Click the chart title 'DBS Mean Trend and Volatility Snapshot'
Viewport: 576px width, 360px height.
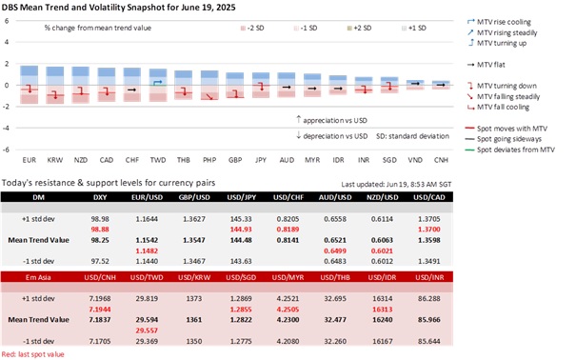(x=124, y=8)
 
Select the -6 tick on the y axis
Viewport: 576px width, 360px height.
(x=8, y=150)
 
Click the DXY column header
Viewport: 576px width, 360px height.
(x=99, y=197)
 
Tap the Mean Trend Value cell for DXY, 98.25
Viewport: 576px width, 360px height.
(x=99, y=241)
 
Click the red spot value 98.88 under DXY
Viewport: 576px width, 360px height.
(x=99, y=230)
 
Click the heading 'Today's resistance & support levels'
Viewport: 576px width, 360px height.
(x=105, y=181)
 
